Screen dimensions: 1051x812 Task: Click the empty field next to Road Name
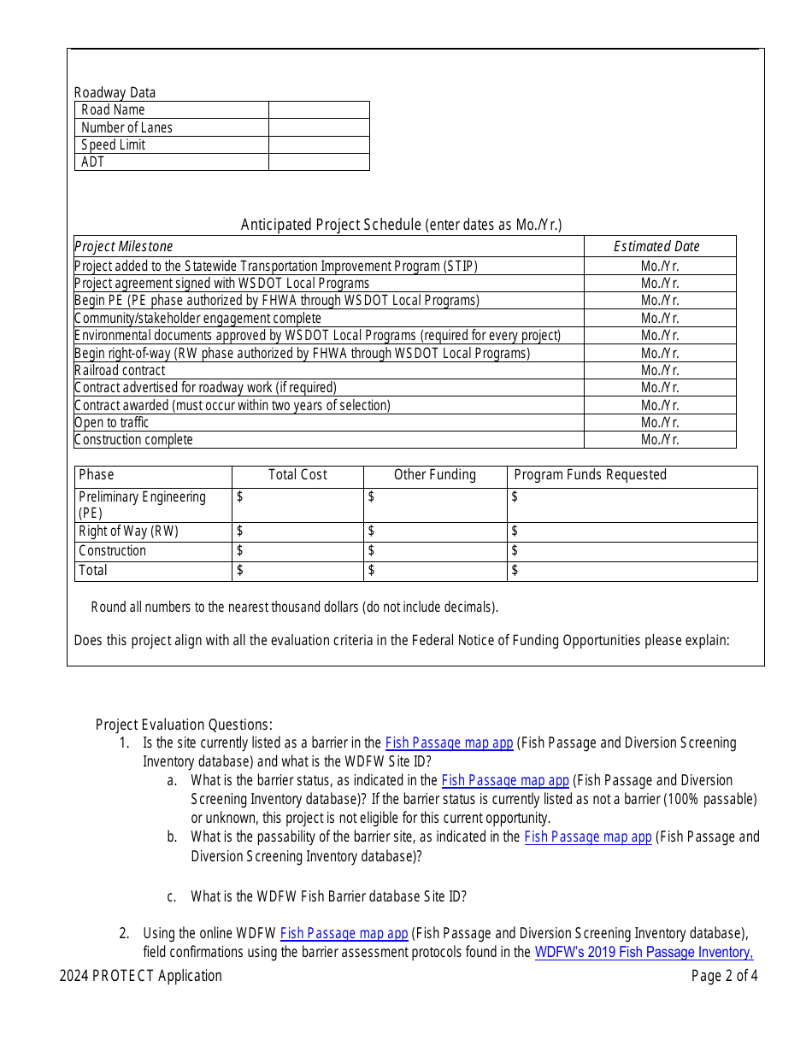pos(319,110)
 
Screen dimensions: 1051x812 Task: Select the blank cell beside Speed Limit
pos(319,145)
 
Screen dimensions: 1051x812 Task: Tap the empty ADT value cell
pos(319,162)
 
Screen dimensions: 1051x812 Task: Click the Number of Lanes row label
pos(127,128)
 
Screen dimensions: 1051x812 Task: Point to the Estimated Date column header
pos(656,247)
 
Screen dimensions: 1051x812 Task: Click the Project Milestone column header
pos(124,247)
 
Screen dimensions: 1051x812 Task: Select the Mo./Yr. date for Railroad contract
pos(660,371)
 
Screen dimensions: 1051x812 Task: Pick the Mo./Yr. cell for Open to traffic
pos(660,423)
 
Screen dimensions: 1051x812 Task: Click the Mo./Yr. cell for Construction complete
pos(660,440)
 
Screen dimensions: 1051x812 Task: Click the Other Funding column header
pos(435,475)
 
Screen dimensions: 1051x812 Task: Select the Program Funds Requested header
pos(590,475)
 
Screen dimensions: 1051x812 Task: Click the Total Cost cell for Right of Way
pos(297,531)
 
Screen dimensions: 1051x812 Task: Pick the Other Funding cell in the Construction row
pos(435,551)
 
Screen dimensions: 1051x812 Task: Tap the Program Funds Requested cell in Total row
pos(633,571)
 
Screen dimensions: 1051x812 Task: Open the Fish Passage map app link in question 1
pos(449,743)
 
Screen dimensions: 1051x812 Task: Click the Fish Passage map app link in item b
pos(587,837)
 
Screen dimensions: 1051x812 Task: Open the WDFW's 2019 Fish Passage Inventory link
pos(644,952)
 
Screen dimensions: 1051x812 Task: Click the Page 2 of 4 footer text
pos(724,976)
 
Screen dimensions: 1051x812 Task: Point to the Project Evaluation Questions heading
pos(184,725)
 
